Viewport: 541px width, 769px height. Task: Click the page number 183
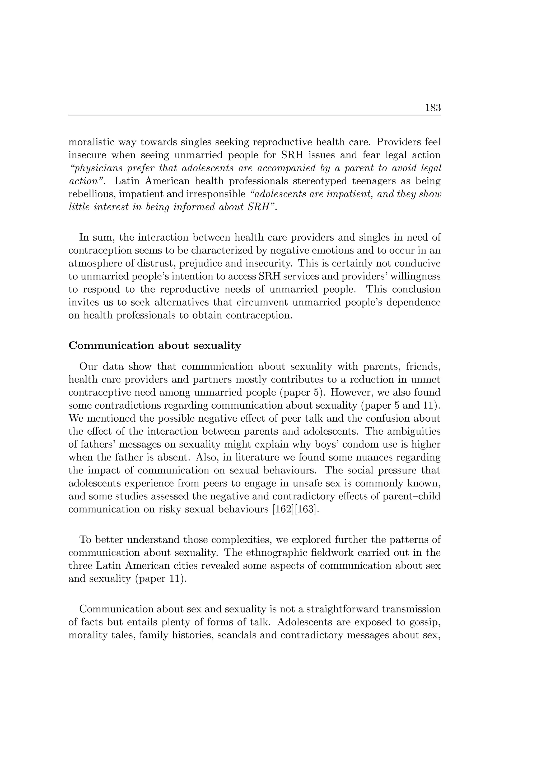point(432,108)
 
